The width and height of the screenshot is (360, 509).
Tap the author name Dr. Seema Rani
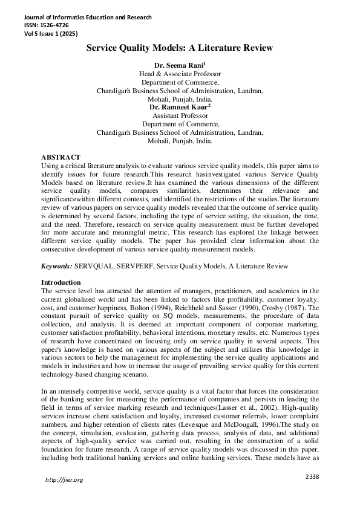(180, 63)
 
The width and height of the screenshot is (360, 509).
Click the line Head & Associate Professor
(180, 73)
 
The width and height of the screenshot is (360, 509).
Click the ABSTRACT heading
(61, 157)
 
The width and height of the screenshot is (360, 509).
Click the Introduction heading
(61, 283)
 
